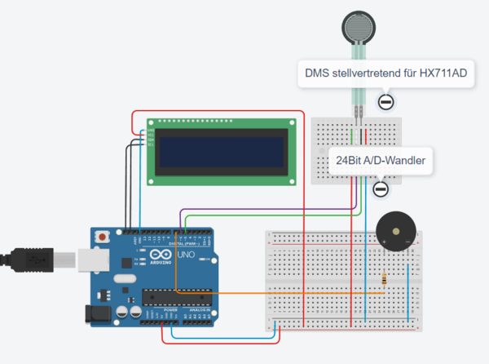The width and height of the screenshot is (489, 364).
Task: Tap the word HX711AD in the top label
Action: click(x=442, y=74)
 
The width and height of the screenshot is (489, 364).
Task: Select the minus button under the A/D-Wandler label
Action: click(x=380, y=189)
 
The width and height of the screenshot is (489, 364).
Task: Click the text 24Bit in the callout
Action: click(x=350, y=160)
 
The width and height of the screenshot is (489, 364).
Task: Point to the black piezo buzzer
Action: click(x=394, y=230)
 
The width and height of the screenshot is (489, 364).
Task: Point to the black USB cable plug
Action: click(x=33, y=256)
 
